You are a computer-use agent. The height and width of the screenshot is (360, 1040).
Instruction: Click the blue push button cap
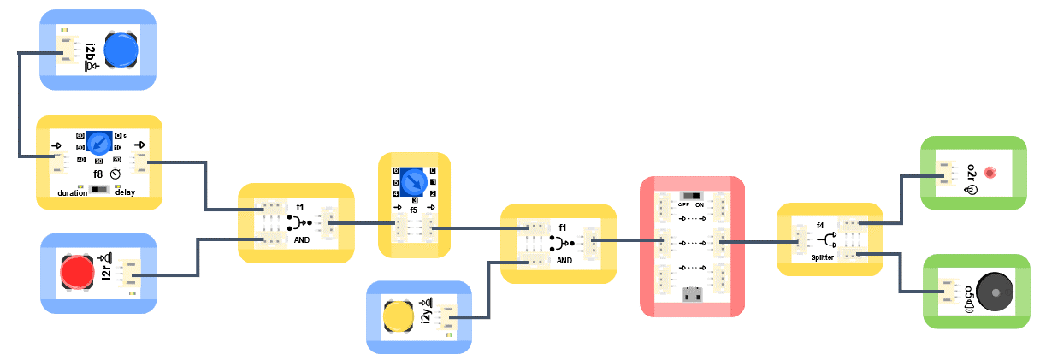coord(121,50)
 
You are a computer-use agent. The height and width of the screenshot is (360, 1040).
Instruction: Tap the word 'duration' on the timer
coord(73,192)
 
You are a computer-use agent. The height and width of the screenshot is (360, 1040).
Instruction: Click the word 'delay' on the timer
coord(125,192)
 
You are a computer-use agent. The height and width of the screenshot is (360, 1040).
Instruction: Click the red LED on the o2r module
coord(990,173)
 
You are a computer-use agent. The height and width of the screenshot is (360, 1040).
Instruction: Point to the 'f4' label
coord(820,226)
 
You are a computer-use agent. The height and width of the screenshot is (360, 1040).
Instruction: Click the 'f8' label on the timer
coord(98,173)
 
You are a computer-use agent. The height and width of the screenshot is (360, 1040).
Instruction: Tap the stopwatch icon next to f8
coord(115,173)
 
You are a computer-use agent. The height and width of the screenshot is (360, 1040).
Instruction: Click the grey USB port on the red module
coord(692,295)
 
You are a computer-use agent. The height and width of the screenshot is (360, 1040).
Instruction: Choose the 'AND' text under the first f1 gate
coord(302,241)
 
